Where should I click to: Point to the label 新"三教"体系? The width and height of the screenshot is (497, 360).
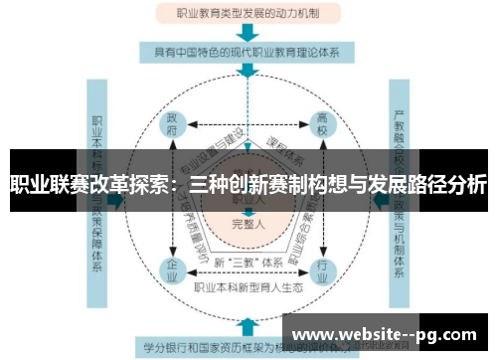[x=248, y=262]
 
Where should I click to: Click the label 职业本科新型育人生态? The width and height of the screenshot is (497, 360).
[x=248, y=287]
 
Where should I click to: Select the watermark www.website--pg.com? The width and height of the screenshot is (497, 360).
[x=388, y=334]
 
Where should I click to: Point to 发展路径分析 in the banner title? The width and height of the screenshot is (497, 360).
[x=427, y=184]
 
